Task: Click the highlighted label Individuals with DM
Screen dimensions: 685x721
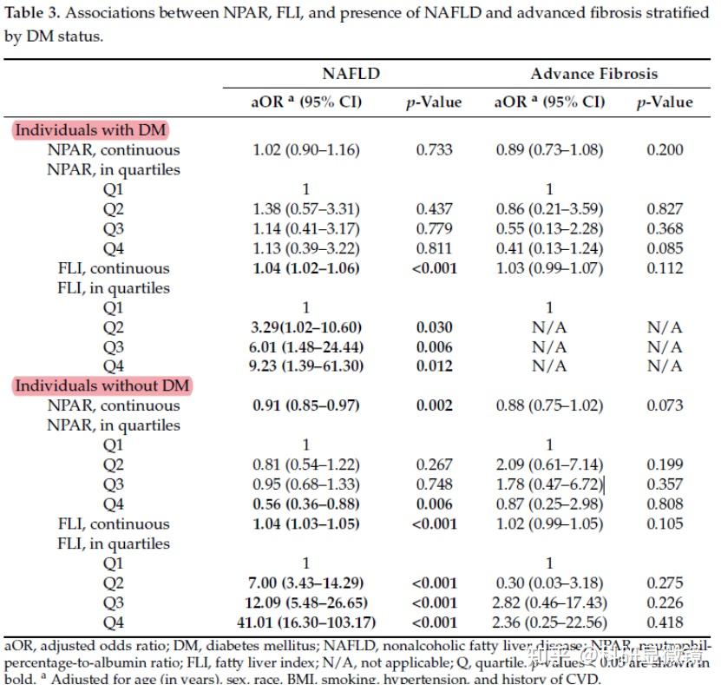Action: pyautogui.click(x=90, y=130)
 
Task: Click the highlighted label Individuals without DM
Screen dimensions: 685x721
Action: pyautogui.click(x=102, y=385)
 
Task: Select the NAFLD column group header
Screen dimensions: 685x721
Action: pyautogui.click(x=351, y=74)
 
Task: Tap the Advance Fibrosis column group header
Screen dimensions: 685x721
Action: pyautogui.click(x=593, y=74)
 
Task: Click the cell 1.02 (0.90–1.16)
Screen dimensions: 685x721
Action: pyautogui.click(x=305, y=149)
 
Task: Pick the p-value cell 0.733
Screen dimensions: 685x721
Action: pyautogui.click(x=434, y=149)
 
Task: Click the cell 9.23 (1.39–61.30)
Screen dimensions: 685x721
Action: pyautogui.click(x=306, y=366)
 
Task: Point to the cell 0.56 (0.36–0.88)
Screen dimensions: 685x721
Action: pyautogui.click(x=305, y=504)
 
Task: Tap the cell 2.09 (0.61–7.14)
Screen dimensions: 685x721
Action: pyautogui.click(x=549, y=464)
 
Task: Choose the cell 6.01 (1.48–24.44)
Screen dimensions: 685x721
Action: pyautogui.click(x=306, y=346)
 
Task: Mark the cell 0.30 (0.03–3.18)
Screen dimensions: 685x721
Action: pyautogui.click(x=549, y=583)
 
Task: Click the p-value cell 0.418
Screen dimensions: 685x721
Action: pyautogui.click(x=665, y=622)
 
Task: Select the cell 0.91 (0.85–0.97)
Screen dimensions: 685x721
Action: pyautogui.click(x=305, y=405)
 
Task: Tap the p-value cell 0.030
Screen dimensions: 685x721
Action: pyautogui.click(x=434, y=327)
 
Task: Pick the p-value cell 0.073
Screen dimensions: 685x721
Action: pyautogui.click(x=665, y=405)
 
